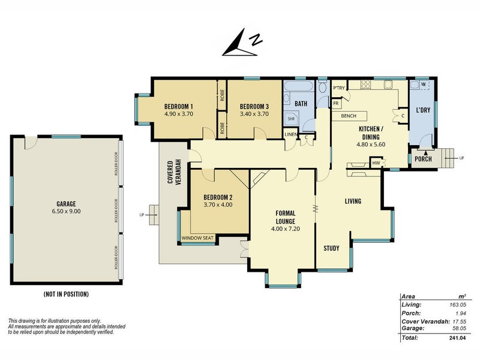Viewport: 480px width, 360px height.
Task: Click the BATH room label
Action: (x=301, y=104)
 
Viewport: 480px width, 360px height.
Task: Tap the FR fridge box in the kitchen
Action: (x=336, y=103)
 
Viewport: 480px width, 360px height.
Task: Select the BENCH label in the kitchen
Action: (x=349, y=115)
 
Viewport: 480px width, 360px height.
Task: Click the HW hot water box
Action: (x=376, y=163)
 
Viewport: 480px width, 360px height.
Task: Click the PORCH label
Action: (x=423, y=159)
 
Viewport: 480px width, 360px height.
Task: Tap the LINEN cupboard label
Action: (x=290, y=134)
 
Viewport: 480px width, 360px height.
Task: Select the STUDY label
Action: (x=332, y=248)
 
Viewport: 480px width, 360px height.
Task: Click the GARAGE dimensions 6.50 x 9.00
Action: (x=66, y=211)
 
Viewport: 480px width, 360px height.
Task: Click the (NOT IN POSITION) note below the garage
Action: (x=66, y=294)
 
